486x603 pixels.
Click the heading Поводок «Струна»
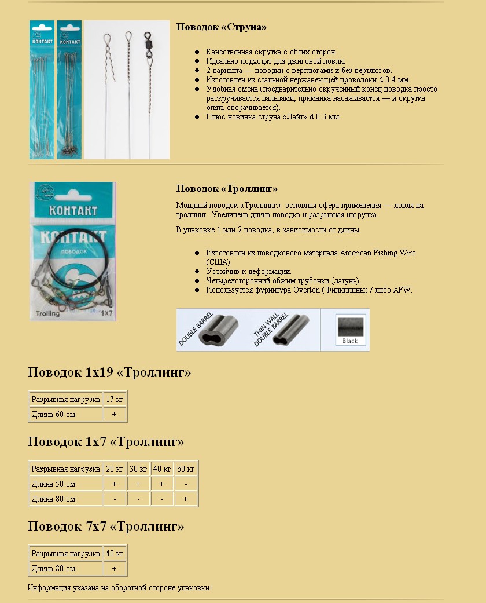click(x=221, y=27)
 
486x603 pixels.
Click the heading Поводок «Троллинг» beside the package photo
click(x=227, y=189)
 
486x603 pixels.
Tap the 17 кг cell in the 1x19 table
click(x=115, y=399)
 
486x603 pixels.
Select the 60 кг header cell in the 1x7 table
click(x=186, y=469)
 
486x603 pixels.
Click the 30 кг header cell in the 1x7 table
click(x=138, y=469)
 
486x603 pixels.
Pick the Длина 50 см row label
click(x=54, y=484)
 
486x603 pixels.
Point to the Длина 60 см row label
click(x=54, y=414)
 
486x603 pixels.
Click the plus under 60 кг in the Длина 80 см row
click(x=186, y=499)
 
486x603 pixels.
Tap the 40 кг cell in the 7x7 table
click(x=115, y=553)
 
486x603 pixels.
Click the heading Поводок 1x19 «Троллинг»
click(x=109, y=372)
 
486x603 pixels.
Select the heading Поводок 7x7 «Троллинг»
click(x=106, y=527)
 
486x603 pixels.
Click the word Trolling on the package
click(x=47, y=313)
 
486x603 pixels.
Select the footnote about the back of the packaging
click(x=120, y=587)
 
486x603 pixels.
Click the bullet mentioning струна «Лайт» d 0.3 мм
click(x=273, y=116)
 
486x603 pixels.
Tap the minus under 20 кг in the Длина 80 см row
click(x=115, y=499)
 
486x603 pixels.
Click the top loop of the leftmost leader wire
click(x=107, y=39)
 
